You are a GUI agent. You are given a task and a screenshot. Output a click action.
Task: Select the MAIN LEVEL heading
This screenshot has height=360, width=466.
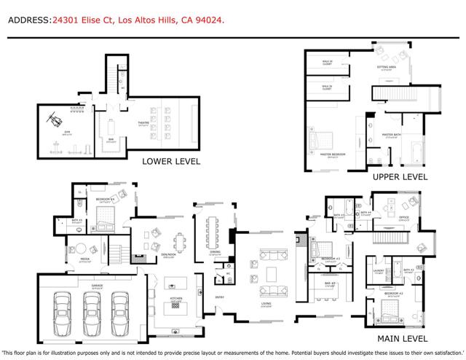pyautogui.click(x=403, y=338)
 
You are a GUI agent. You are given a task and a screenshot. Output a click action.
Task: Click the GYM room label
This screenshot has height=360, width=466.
pyautogui.click(x=66, y=131)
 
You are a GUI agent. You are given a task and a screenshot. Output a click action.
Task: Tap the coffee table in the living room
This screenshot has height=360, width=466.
pyautogui.click(x=272, y=274)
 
